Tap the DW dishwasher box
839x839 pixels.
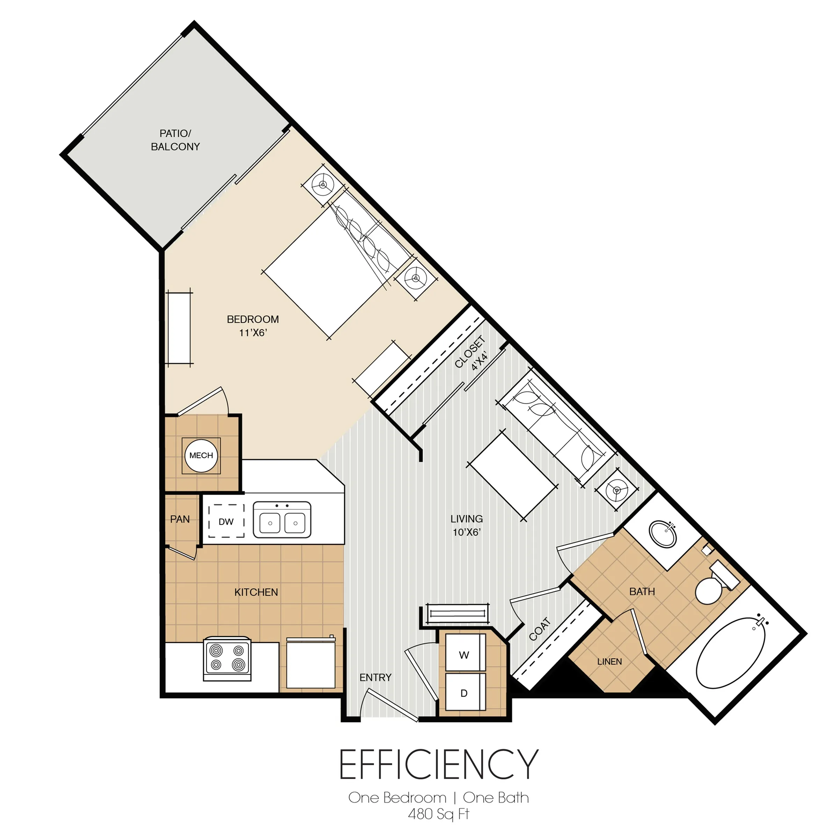click(226, 522)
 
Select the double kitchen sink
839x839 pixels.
click(282, 520)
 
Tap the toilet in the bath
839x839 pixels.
click(712, 586)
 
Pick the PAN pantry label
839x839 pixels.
click(180, 519)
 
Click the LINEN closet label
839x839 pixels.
click(609, 661)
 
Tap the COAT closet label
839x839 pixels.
click(540, 629)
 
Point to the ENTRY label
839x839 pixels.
click(375, 678)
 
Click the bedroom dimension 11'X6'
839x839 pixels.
click(253, 333)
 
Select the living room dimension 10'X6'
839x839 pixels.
click(466, 533)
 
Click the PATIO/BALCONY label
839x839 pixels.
click(175, 140)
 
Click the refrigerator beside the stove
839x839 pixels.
click(311, 663)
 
